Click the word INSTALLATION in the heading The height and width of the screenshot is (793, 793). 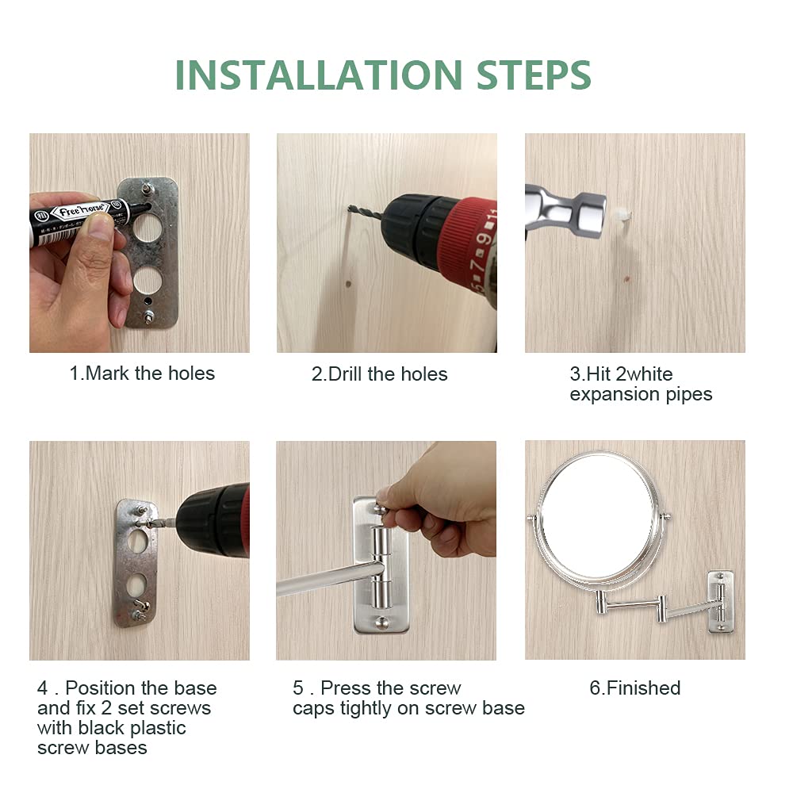pos(319,75)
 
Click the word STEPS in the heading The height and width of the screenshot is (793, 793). pos(534,75)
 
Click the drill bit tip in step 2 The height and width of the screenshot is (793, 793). pos(350,207)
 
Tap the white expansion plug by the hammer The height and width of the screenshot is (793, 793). pos(622,214)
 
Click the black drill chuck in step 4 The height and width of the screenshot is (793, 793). pos(213,522)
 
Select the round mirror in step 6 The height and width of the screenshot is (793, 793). pos(600,519)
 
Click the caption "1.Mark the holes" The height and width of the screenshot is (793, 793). pos(142,374)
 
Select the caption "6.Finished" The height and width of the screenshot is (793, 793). pos(635,688)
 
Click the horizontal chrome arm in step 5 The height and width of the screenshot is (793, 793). pos(329,578)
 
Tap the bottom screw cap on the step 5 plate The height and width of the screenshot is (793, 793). pos(381,622)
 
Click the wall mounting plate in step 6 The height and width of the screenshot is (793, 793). pos(720,602)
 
